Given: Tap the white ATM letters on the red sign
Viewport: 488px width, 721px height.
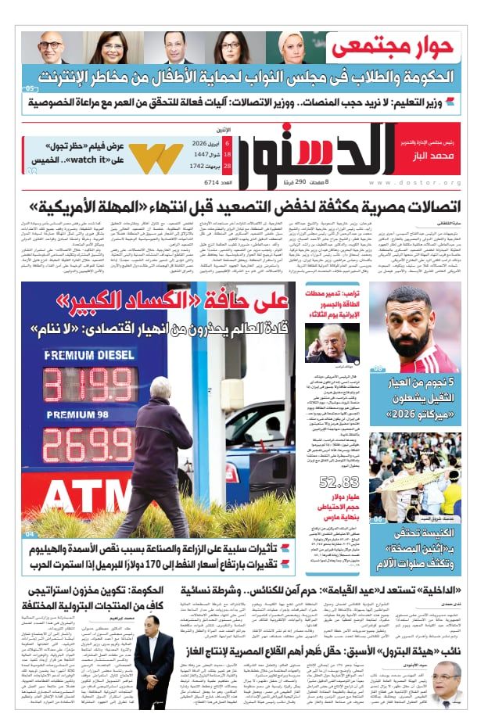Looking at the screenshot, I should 69,497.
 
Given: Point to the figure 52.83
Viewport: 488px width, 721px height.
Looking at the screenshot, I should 339,482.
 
